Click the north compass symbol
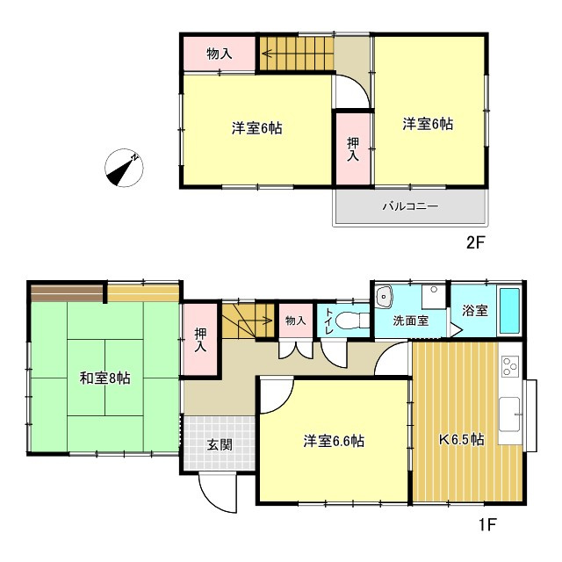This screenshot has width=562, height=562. [124, 168]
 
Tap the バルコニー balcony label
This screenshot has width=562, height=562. [410, 206]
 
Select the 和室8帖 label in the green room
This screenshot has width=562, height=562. [105, 378]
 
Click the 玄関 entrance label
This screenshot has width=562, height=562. [220, 445]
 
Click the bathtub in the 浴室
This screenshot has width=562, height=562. [509, 311]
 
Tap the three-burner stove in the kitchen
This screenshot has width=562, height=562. [510, 366]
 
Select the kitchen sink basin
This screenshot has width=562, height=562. [509, 414]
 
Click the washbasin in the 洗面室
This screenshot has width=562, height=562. [384, 297]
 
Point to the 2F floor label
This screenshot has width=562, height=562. [475, 243]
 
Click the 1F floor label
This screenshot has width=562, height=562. [486, 525]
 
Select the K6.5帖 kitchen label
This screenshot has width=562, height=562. [462, 439]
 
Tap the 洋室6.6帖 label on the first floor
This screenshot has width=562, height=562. [334, 441]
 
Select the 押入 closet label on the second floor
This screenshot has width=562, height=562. [353, 149]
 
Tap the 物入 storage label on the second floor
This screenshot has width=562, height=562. [219, 54]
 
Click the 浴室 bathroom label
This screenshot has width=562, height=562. [475, 310]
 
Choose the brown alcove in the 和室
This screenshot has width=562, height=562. [67, 292]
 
